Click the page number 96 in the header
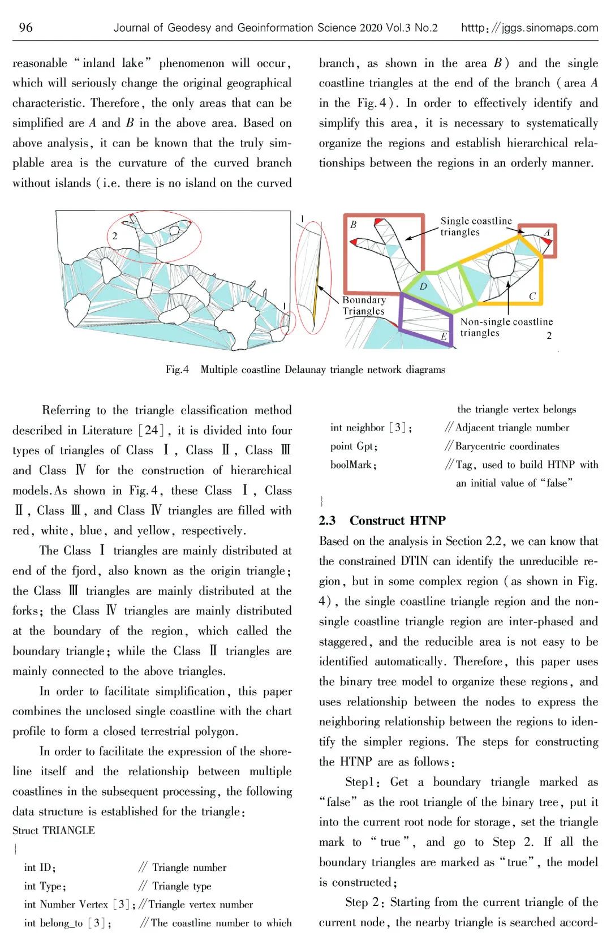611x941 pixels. click(x=25, y=27)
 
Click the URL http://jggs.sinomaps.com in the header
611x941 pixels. click(x=529, y=28)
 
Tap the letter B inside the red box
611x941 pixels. click(x=353, y=225)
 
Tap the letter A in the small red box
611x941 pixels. click(x=547, y=232)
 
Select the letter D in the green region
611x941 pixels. click(x=423, y=287)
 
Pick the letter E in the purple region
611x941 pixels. click(x=444, y=337)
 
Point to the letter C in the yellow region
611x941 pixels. click(x=532, y=296)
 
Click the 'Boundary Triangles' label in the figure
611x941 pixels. click(x=364, y=306)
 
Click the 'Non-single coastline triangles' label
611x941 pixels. click(x=506, y=327)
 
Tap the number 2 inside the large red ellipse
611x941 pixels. click(x=114, y=236)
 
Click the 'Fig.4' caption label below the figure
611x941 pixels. click(x=177, y=369)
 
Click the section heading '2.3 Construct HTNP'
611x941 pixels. click(x=382, y=521)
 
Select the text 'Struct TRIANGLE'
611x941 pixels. click(x=54, y=830)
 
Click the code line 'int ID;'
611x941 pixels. click(x=40, y=867)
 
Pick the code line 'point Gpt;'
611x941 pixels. click(x=354, y=446)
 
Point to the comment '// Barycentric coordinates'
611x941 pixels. click(x=502, y=446)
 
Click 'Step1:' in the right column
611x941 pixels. click(x=362, y=782)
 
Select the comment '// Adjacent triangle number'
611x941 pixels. click(x=507, y=428)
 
